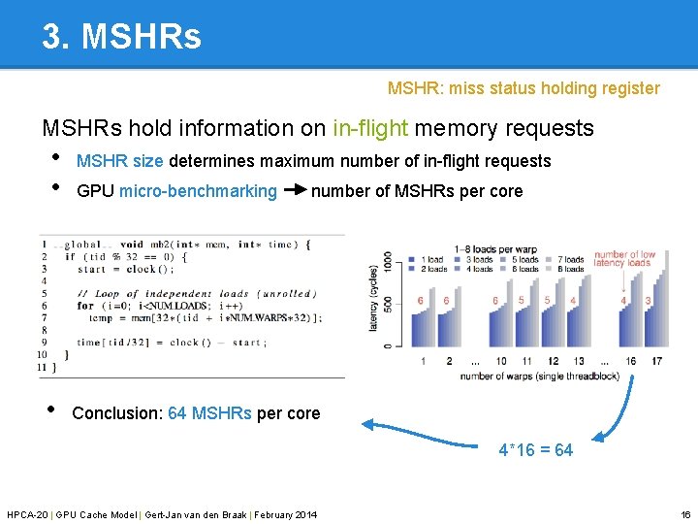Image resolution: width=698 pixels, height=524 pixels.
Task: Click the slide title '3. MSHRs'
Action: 121,37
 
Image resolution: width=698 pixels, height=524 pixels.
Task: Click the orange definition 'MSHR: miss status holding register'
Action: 523,88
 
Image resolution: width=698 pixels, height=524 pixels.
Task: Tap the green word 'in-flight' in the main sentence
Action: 370,128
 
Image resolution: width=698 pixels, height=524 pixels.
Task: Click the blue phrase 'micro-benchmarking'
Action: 198,191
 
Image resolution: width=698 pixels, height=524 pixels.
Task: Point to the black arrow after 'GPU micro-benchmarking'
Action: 294,190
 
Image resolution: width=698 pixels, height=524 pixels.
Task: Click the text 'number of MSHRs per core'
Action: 417,191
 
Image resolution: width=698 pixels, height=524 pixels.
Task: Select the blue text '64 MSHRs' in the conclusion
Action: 209,413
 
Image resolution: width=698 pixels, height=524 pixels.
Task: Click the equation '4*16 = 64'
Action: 535,450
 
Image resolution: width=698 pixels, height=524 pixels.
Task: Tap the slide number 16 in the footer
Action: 685,513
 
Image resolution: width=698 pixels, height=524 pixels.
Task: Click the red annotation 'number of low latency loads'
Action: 624,259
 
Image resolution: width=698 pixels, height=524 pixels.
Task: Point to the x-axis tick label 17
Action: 656,361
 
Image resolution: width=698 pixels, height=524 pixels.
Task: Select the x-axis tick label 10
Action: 501,361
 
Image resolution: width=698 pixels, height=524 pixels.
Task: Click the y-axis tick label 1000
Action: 386,262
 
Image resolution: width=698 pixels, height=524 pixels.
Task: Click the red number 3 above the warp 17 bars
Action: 649,301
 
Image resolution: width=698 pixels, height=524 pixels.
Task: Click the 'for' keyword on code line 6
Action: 86,306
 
